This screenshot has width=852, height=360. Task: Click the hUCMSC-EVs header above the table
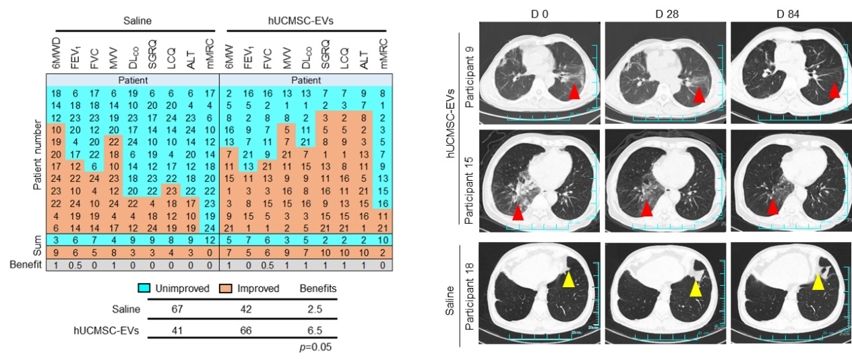(x=306, y=21)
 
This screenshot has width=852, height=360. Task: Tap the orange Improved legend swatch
(x=229, y=289)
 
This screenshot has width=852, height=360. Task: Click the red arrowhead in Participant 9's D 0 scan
(x=574, y=92)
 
